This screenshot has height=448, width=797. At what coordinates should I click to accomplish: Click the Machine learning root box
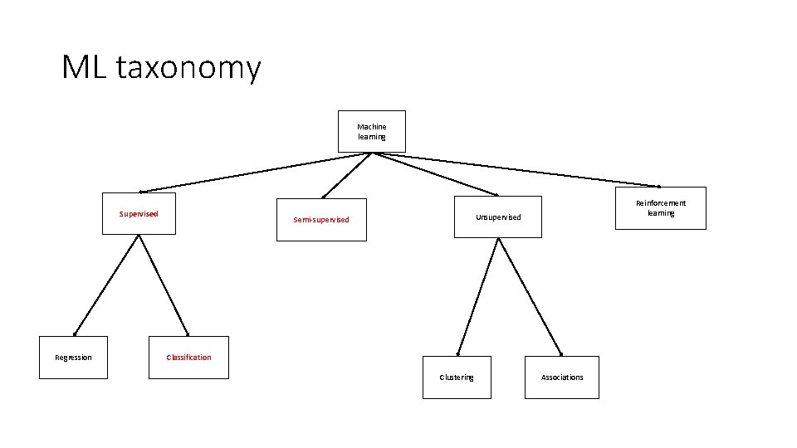click(371, 131)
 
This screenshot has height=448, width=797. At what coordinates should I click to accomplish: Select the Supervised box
click(139, 213)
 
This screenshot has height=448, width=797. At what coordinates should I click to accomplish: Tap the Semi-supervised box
click(321, 220)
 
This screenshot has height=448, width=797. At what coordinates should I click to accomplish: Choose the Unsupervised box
click(497, 217)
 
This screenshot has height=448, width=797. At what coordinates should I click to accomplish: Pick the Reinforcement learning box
click(661, 207)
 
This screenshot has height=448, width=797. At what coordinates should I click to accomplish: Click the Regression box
click(73, 358)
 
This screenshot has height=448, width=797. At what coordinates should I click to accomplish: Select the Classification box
click(188, 358)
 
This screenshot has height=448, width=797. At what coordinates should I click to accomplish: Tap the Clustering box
click(457, 377)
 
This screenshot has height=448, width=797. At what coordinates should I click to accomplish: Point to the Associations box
click(562, 377)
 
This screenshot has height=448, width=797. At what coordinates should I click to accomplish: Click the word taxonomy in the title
click(188, 68)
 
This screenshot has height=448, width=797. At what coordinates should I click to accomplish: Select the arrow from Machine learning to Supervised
click(256, 172)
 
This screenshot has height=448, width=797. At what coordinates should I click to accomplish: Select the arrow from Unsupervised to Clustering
click(477, 296)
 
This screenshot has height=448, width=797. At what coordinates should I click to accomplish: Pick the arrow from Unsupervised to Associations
click(530, 296)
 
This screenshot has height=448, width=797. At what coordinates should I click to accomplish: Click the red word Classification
click(188, 358)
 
